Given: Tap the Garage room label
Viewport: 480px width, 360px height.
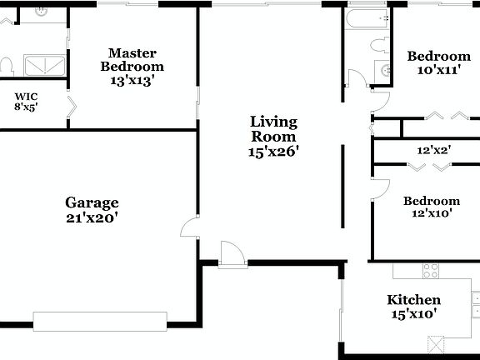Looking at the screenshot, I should (x=92, y=202).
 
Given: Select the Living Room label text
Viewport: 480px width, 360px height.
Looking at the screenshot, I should (x=273, y=129).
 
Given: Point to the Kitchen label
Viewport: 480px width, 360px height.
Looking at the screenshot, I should (x=413, y=300).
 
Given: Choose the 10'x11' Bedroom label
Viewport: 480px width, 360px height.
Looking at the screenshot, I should (x=433, y=57).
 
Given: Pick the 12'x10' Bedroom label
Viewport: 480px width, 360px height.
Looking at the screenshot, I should (x=432, y=201).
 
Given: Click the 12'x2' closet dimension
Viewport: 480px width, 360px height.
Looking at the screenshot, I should (x=433, y=150).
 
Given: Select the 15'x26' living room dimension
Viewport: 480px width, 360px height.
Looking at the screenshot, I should (x=273, y=152).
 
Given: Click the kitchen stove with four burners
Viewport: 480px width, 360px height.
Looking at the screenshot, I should (x=431, y=270).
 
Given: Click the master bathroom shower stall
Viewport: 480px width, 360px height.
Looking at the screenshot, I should (x=42, y=66).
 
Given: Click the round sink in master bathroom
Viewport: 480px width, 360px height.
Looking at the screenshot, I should (x=42, y=12).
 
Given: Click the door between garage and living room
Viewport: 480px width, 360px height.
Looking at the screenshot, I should (x=190, y=227).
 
